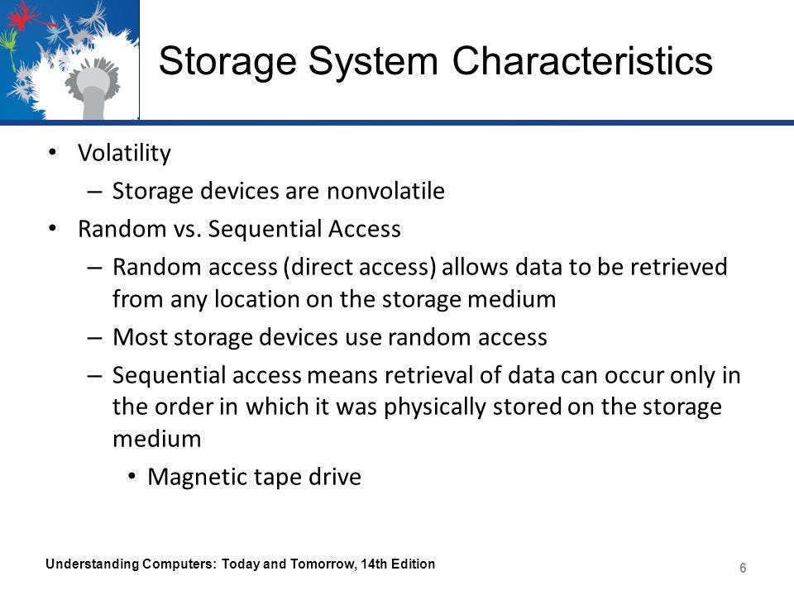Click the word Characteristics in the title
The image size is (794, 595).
[x=582, y=60]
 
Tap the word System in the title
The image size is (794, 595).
[x=373, y=62]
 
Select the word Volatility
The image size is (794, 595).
[x=125, y=153]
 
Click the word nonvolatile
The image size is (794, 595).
[x=386, y=191]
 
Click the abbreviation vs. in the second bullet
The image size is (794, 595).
[x=188, y=229]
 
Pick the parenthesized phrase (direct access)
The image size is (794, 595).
[x=360, y=267]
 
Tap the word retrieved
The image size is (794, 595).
[x=678, y=267]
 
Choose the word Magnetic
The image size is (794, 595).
[x=197, y=477]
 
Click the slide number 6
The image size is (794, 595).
[x=743, y=568]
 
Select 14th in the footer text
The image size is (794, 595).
[x=373, y=564]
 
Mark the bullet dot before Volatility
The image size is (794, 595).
[x=52, y=152]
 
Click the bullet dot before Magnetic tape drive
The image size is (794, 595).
[x=132, y=476]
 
